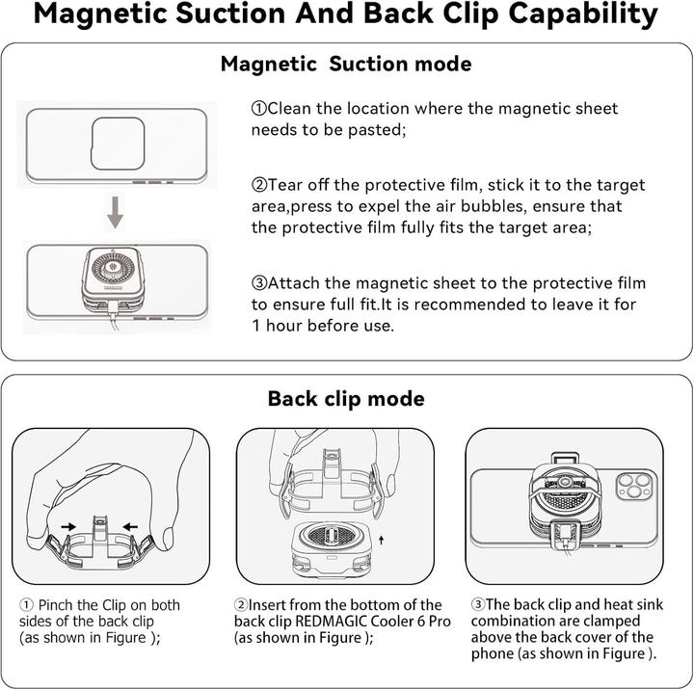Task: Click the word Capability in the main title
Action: tap(583, 14)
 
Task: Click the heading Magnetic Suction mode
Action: tap(346, 65)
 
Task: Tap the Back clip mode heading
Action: tap(346, 399)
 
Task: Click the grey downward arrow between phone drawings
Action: tap(115, 212)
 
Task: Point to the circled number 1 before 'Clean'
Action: tap(259, 109)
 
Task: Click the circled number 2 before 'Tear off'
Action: tap(259, 185)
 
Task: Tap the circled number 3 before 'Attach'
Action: tap(259, 282)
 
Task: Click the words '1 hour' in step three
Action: tap(277, 326)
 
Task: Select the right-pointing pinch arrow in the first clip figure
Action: tap(68, 526)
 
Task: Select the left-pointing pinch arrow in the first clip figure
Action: tap(130, 526)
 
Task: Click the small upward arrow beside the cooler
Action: tap(381, 540)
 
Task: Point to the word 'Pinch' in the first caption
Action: tap(56, 605)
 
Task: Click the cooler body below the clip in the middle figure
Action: tap(331, 548)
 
